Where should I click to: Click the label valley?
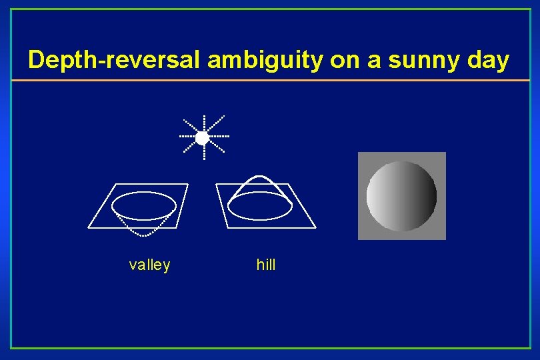click(x=149, y=265)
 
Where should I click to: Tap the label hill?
click(x=266, y=265)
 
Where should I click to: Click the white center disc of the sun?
click(x=203, y=138)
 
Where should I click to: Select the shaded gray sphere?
click(x=401, y=196)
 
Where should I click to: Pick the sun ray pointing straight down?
click(x=203, y=153)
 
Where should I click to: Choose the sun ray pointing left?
click(x=187, y=137)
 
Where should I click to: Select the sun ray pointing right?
click(x=219, y=137)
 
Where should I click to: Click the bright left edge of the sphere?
click(x=371, y=196)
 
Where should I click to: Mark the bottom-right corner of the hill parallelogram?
click(x=315, y=227)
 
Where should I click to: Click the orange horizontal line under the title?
click(x=270, y=81)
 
